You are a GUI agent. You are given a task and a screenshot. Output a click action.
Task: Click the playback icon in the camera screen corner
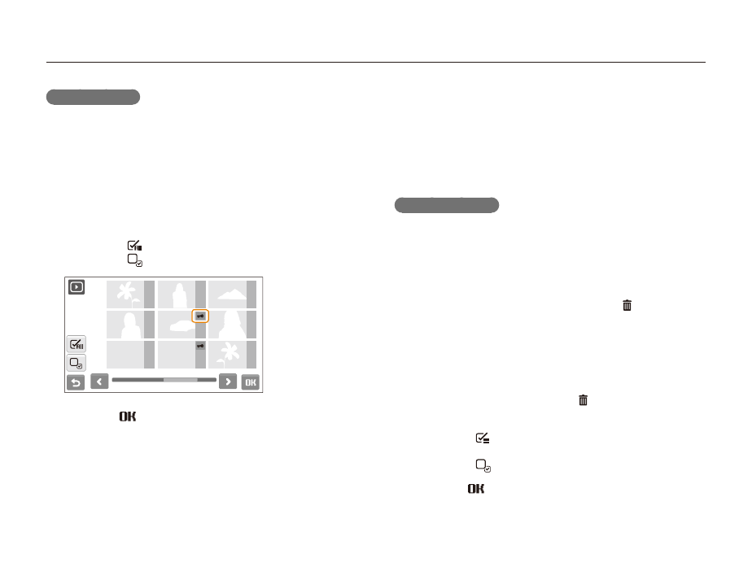(x=77, y=287)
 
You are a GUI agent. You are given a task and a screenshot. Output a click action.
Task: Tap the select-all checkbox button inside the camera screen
(x=77, y=344)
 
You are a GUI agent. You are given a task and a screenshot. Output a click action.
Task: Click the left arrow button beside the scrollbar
(x=99, y=382)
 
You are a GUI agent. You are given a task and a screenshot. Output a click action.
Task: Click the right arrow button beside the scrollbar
(x=228, y=382)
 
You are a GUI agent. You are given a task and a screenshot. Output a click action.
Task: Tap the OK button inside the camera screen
(x=251, y=382)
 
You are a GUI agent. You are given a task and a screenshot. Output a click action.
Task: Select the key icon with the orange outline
(x=200, y=316)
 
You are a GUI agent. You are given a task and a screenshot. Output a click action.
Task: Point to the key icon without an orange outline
(x=200, y=346)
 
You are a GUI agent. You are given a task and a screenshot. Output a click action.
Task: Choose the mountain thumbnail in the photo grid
(x=232, y=294)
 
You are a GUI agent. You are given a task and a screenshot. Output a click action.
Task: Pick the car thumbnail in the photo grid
(x=181, y=325)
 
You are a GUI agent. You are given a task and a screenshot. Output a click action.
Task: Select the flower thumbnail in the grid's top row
(x=130, y=294)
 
